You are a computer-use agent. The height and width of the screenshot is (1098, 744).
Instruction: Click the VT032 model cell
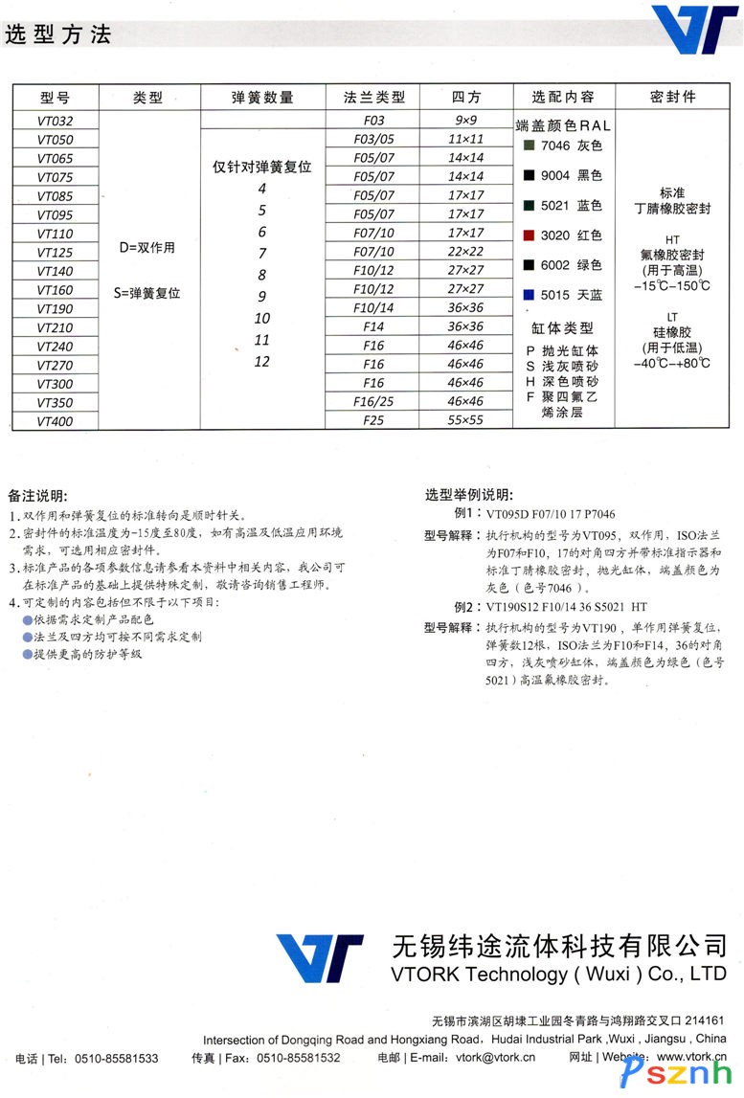pos(55,121)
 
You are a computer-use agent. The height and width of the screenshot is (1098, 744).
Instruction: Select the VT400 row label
pos(55,420)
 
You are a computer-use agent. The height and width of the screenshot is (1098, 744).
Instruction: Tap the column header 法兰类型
pos(374,97)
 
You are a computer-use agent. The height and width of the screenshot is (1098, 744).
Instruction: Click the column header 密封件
pos(672,97)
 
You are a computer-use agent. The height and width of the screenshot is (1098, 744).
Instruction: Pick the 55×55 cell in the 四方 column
pos(466,420)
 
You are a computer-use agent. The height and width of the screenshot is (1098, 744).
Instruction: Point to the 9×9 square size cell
pos(466,121)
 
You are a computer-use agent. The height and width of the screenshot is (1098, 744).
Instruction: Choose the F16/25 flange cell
pos(373,402)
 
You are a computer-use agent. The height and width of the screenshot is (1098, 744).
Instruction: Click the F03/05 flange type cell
pos(373,139)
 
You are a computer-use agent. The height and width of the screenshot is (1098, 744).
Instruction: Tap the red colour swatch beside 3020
pos(528,235)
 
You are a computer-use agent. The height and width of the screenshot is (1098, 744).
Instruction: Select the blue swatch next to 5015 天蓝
pos(528,295)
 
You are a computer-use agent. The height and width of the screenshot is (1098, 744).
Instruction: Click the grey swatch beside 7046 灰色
pos(528,146)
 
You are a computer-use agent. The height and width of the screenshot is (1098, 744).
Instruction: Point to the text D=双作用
pos(147,248)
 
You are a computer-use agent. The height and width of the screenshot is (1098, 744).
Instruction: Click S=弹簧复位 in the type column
pos(147,293)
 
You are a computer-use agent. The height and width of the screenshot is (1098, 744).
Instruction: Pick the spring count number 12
pos(262,362)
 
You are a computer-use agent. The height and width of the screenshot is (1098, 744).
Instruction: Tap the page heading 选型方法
pos(58,35)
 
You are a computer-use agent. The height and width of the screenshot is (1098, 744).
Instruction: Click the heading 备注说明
pos(37,496)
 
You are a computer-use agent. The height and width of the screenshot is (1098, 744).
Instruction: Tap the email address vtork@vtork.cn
pos(496,1058)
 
